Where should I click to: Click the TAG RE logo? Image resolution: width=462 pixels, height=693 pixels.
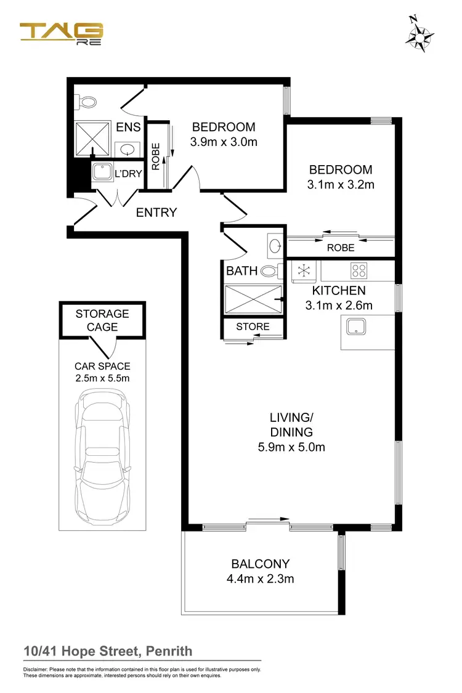(x=62, y=34)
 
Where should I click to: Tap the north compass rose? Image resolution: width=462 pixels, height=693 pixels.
(x=419, y=34)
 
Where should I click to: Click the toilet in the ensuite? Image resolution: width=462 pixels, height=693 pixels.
(x=86, y=102)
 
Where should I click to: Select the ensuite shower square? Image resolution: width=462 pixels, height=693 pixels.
(x=92, y=139)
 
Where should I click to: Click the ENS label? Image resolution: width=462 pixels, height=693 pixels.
(x=128, y=128)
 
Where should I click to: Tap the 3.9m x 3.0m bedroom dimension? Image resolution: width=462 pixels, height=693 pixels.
(x=224, y=142)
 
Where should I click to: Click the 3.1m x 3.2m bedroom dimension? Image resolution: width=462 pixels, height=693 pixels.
(x=341, y=184)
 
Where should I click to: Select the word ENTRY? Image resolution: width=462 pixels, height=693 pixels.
(x=156, y=213)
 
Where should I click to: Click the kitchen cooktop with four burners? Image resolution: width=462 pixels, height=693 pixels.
(x=359, y=270)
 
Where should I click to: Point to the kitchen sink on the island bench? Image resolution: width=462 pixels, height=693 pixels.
(x=355, y=327)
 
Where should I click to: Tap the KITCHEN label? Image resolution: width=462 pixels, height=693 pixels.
(x=339, y=290)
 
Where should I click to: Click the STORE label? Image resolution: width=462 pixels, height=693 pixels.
(x=253, y=326)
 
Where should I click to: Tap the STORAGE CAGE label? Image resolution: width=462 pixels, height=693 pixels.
(x=102, y=320)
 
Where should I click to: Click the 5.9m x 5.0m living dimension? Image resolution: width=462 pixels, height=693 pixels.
(x=291, y=447)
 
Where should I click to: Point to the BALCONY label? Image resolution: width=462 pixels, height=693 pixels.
(x=261, y=564)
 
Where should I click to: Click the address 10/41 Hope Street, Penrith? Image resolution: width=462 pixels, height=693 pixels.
(x=108, y=651)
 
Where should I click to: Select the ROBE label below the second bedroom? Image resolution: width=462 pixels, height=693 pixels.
(x=341, y=248)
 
